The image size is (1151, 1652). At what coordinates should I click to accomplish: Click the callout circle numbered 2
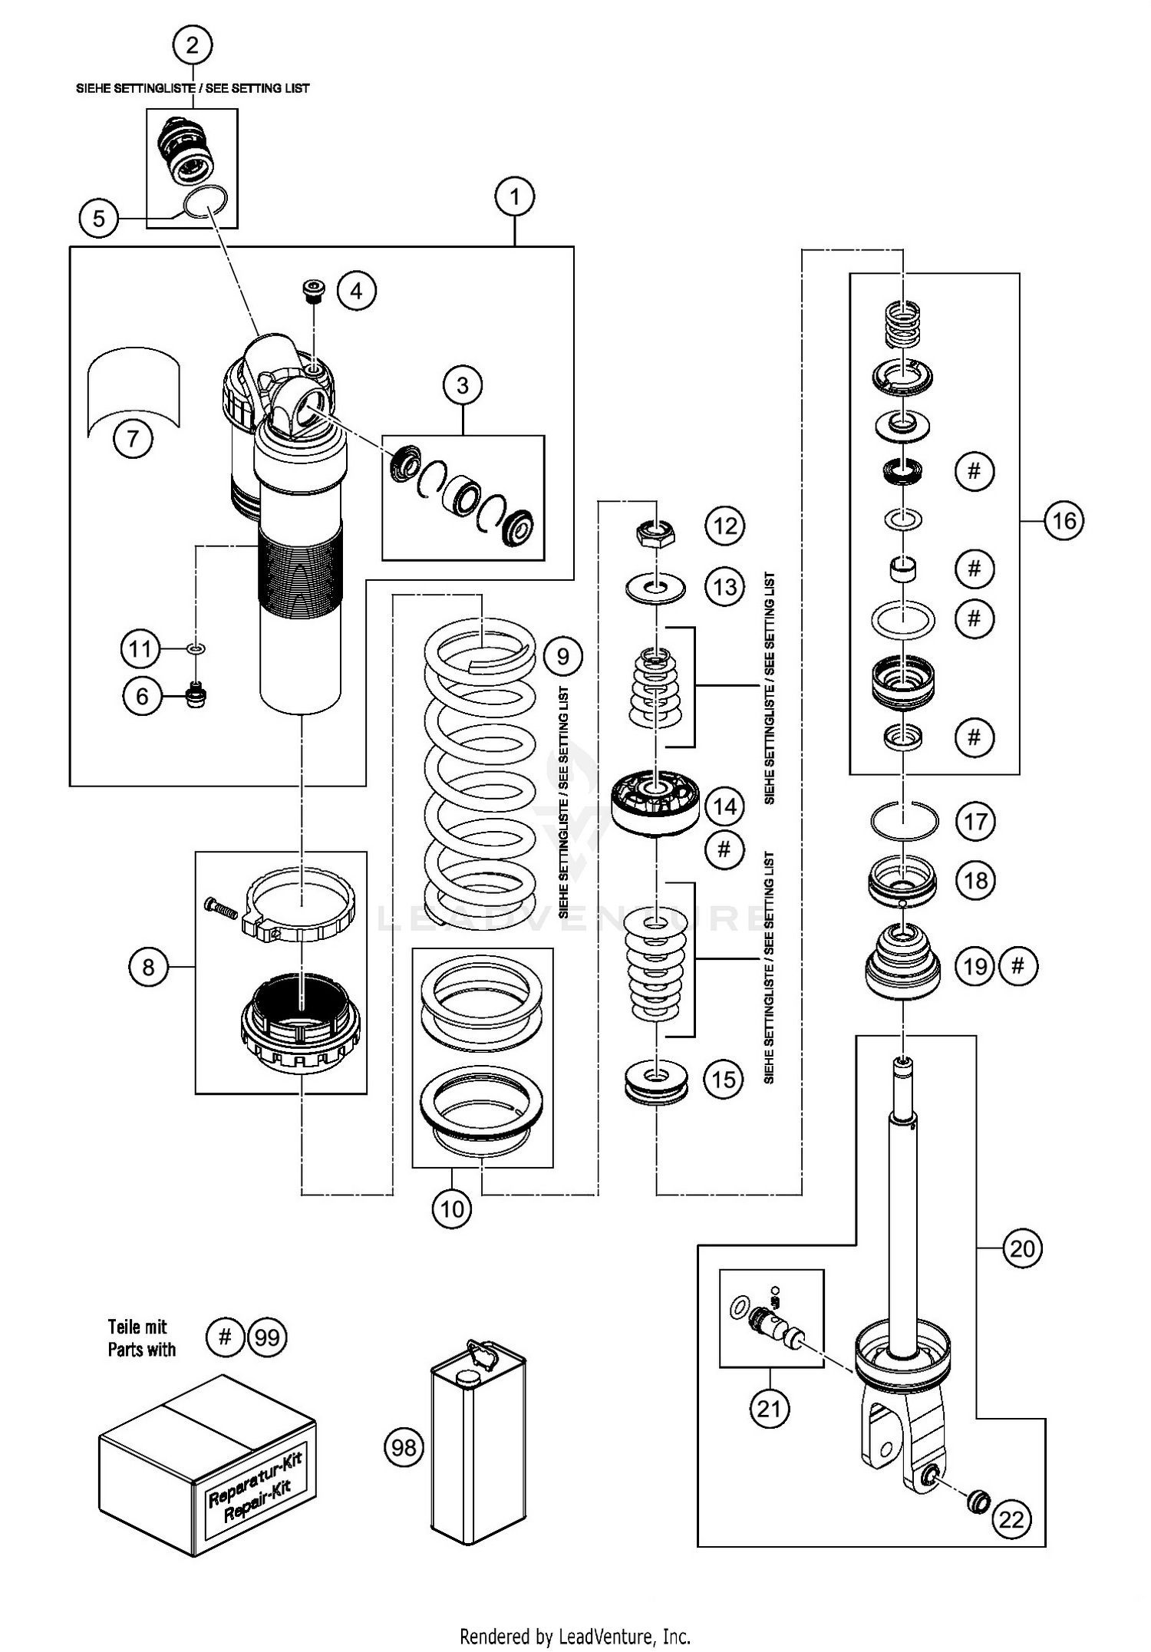pos(192,45)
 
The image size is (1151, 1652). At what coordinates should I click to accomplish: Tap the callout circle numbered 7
pos(133,439)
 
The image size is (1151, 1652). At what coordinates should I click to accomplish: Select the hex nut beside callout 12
pos(656,531)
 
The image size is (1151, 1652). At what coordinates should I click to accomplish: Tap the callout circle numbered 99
pos(266,1337)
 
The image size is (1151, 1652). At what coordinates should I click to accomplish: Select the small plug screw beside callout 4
pos(312,291)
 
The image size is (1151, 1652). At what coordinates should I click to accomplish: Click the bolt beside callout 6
pos(197,696)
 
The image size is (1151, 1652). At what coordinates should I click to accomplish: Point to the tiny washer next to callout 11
pos(196,649)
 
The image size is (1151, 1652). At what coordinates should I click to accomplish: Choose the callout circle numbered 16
pos(1064,521)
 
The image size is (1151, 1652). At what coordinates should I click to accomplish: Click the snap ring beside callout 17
pos(904,821)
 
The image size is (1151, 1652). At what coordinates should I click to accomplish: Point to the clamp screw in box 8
pos(223,908)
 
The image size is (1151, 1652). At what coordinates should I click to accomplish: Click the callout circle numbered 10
pos(452,1209)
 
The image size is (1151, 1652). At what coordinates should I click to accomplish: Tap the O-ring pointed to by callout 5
pos(205,202)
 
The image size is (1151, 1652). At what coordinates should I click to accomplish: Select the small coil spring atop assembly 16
pos(902,325)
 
